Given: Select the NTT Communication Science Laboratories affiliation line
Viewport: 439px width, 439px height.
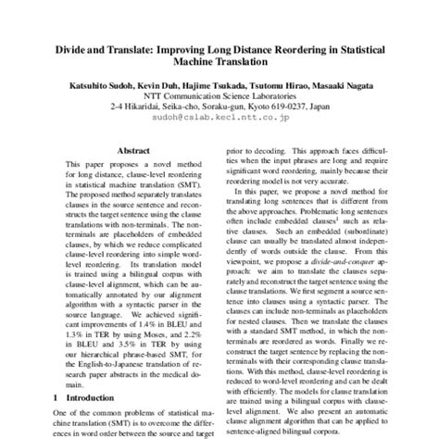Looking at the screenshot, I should [219, 94].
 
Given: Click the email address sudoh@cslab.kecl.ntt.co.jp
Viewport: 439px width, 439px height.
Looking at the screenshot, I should [219, 117].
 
